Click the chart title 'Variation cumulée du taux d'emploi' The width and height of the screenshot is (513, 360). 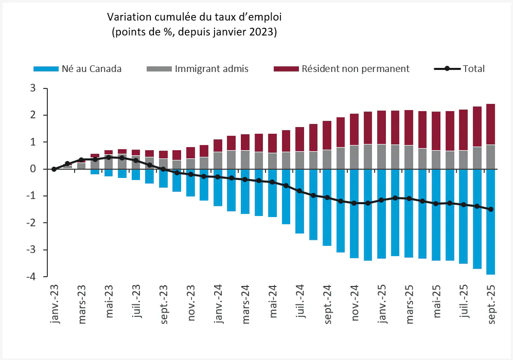[194, 17]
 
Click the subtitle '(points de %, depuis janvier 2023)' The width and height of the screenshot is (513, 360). [194, 32]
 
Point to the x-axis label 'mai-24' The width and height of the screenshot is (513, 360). [273, 303]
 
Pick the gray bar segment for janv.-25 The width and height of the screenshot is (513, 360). [381, 156]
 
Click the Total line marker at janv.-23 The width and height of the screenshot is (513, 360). [54, 169]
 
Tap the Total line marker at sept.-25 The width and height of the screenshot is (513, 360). [490, 209]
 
